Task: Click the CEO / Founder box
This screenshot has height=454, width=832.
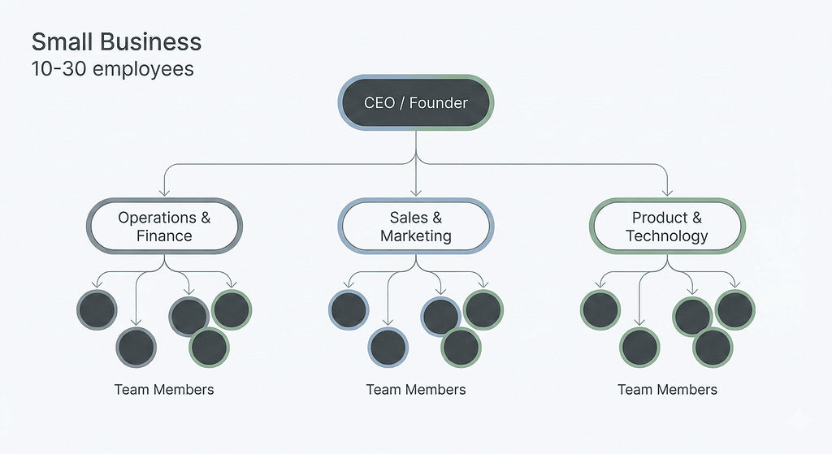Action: (x=416, y=102)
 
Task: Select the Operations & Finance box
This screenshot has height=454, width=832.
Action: (x=164, y=227)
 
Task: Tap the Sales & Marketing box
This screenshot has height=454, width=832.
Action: (x=416, y=227)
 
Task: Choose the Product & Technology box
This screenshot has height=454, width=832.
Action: (x=667, y=227)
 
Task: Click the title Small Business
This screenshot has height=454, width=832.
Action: (x=116, y=42)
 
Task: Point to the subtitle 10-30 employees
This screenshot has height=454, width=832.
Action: (x=112, y=68)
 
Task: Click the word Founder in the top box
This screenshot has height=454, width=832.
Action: (x=439, y=102)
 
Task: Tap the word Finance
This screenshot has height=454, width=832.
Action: (x=164, y=236)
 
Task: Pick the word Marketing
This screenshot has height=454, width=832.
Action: (x=416, y=236)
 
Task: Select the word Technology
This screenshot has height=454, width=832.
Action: (x=667, y=236)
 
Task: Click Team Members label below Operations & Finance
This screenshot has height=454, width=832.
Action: (x=164, y=389)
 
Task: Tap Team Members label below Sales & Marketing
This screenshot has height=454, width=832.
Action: (x=416, y=389)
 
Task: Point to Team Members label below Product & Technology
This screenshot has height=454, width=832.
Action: (x=667, y=389)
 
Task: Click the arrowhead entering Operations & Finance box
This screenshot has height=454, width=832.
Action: (x=164, y=192)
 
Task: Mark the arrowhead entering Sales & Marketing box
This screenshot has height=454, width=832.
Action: (x=416, y=192)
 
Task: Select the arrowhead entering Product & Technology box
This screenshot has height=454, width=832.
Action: (x=667, y=192)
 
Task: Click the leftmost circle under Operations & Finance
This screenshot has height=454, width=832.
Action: (x=97, y=309)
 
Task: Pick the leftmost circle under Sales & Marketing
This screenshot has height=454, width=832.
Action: (x=349, y=309)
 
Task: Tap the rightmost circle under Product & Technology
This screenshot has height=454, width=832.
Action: (x=735, y=309)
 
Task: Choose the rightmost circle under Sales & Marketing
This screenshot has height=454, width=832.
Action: (x=483, y=309)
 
